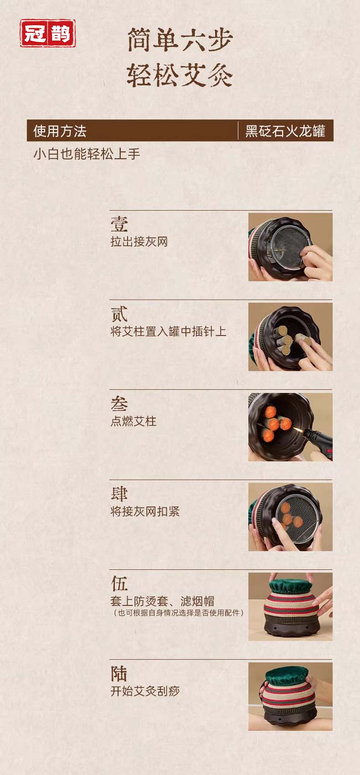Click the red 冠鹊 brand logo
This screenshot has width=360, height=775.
coord(47,33)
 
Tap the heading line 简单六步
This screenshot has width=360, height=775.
coord(180,40)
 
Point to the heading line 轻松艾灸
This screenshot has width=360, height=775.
coord(180,75)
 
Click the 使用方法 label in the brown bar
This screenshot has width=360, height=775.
coord(60,131)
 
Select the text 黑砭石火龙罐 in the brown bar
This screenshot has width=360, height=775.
coord(285,131)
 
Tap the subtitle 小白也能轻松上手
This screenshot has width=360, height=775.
coord(87,154)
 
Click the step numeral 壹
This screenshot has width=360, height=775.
coord(119,224)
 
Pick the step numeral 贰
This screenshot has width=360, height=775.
coord(119,314)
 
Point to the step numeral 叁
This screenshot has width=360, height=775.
coord(119,404)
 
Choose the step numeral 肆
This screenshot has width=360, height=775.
coord(119,494)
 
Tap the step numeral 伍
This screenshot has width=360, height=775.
coord(119,584)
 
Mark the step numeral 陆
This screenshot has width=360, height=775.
coord(119,674)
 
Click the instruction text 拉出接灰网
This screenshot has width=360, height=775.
coord(139,242)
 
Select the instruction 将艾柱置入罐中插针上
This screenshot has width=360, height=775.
coord(169,331)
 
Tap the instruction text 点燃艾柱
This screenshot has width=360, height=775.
coord(134,421)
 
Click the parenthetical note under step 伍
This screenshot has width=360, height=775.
coord(179,613)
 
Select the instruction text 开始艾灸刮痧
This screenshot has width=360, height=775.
coord(145,691)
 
